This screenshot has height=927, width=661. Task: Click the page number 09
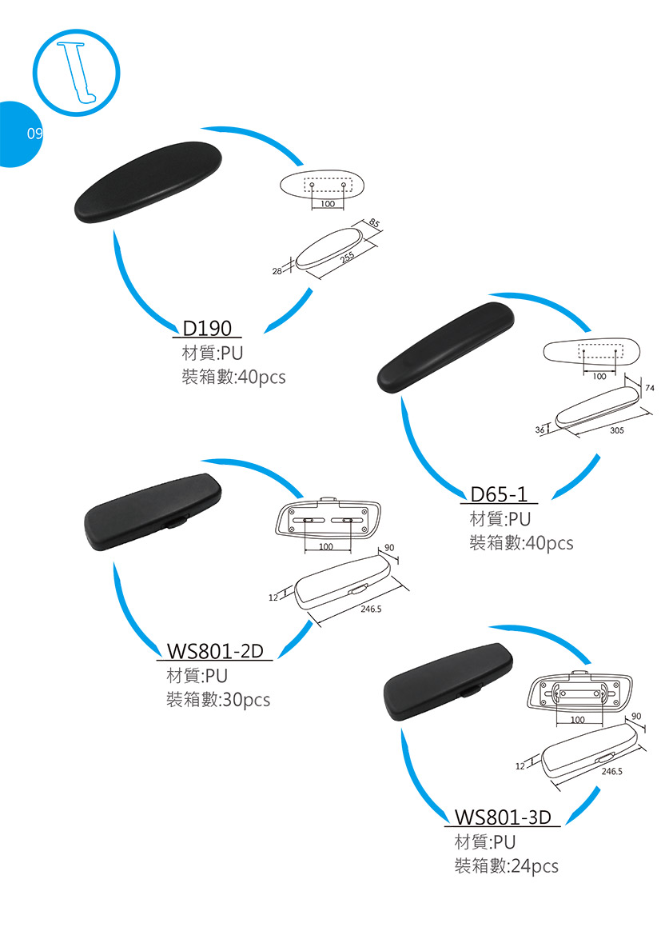(x=34, y=134)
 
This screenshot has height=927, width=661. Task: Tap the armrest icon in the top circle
(x=77, y=71)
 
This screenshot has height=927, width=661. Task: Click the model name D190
(x=207, y=328)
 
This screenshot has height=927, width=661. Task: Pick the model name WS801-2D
(x=215, y=651)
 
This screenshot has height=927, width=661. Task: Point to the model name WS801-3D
(x=503, y=817)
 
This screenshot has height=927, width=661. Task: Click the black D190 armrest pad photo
(x=148, y=181)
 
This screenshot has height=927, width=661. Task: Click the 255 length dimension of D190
(x=347, y=258)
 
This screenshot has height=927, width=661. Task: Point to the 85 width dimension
(x=373, y=223)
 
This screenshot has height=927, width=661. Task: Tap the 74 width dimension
(x=648, y=388)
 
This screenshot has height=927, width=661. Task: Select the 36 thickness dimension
(x=540, y=430)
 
